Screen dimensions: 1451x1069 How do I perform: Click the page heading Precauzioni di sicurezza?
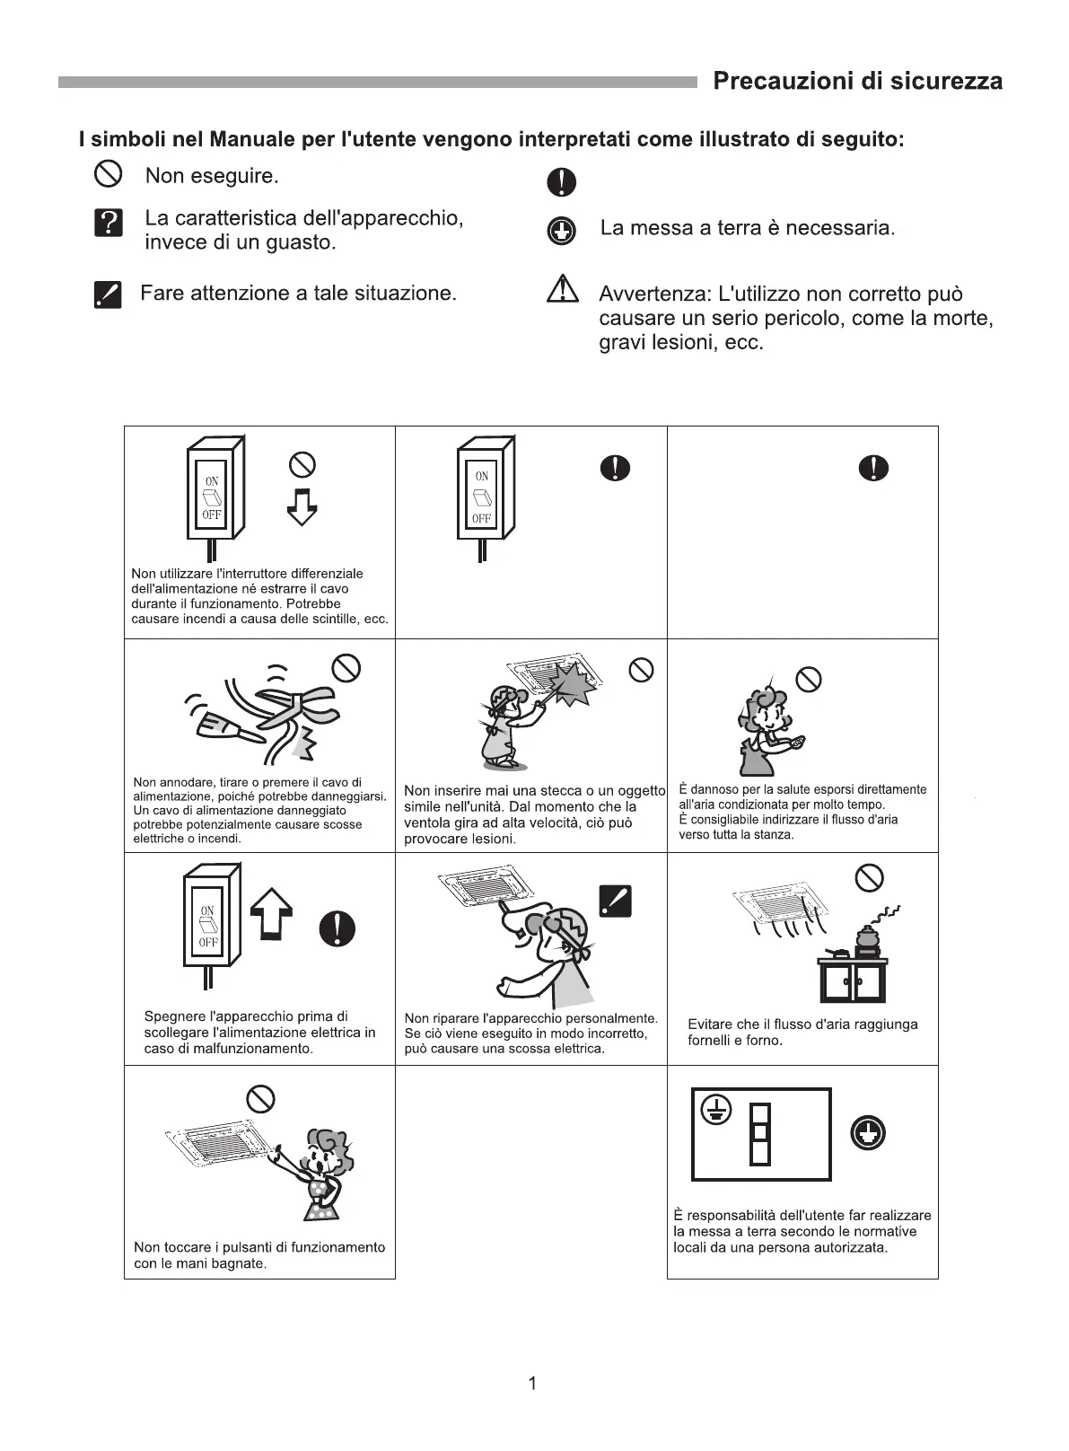coord(857,82)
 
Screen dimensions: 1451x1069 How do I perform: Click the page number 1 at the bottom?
coord(532,1383)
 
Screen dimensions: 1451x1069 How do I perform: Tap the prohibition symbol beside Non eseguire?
coord(107,174)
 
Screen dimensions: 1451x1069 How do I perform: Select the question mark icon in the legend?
coord(108,223)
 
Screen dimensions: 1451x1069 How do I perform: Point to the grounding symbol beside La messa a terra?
coord(561,231)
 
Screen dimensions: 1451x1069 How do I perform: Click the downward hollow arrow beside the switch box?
coord(302,506)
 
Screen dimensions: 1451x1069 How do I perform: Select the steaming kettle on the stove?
coord(867,937)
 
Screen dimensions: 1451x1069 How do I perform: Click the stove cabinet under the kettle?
coord(852,981)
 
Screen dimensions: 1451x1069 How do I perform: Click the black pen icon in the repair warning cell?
coord(615,901)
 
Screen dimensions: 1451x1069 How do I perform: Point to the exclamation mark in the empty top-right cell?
coord(873,468)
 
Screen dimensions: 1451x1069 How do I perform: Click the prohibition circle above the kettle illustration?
coord(869,876)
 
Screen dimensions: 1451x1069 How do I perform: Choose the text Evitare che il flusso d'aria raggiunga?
coord(802,1024)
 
